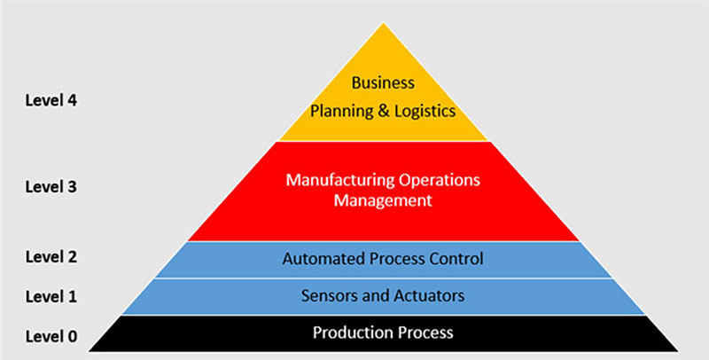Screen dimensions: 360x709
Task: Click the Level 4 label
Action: (x=51, y=100)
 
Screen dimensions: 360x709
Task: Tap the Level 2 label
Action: (x=51, y=257)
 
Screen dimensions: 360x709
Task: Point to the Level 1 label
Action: (x=51, y=296)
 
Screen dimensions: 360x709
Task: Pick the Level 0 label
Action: (x=51, y=336)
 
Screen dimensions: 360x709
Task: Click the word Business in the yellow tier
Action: (x=383, y=82)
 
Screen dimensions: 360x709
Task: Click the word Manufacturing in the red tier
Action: (x=332, y=180)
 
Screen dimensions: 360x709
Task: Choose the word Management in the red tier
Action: (x=382, y=201)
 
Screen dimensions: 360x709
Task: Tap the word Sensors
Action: (x=327, y=296)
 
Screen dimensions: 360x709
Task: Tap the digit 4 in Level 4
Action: (x=72, y=100)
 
